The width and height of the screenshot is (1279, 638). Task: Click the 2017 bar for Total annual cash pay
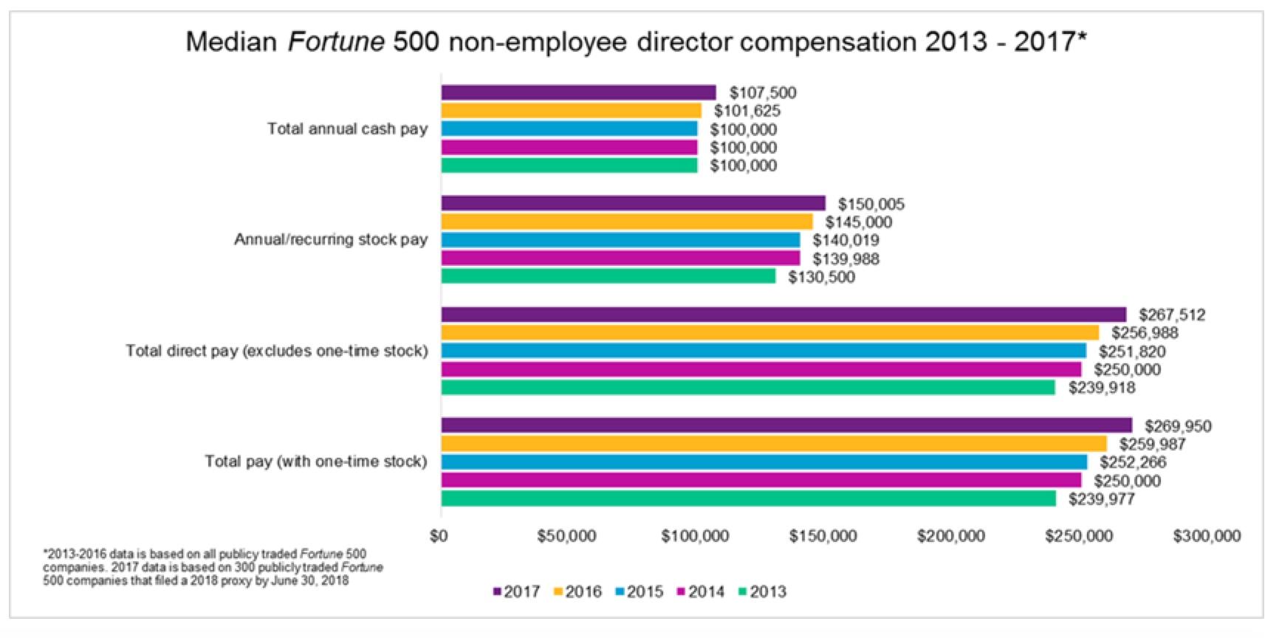point(578,92)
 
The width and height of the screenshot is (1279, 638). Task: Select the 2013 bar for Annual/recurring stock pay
point(608,276)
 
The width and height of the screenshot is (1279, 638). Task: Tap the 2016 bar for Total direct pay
point(769,332)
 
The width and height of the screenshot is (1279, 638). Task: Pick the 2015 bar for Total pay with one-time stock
point(764,462)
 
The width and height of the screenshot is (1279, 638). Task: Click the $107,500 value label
point(763,92)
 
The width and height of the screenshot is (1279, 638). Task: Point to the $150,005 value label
point(871,204)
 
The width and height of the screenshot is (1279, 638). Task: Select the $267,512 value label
point(1172,315)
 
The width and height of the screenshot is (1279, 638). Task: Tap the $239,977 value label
point(1101,499)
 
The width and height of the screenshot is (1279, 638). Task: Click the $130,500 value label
point(821,277)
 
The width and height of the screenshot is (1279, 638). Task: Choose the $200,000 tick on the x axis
point(950,536)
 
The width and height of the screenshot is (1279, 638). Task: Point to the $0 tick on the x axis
point(439,536)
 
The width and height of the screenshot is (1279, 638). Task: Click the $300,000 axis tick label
point(1207,536)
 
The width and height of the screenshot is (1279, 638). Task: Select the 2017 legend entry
point(516,591)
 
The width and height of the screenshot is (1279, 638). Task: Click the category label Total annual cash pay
point(347,129)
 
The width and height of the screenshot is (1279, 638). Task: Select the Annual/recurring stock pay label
point(331,239)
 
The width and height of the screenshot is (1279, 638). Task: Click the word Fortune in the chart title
point(336,42)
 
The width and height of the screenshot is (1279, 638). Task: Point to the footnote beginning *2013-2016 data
point(213,567)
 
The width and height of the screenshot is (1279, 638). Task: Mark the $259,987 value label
point(1152,444)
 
